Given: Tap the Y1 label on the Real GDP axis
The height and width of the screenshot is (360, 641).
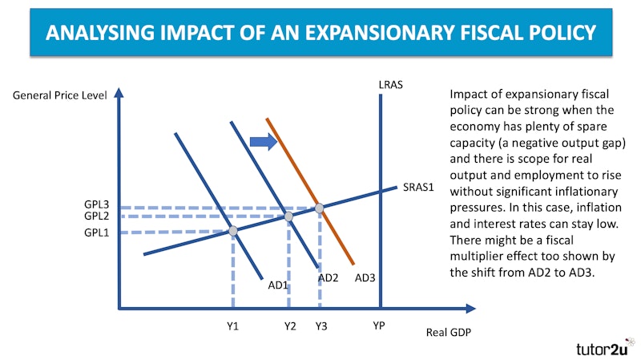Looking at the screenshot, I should point(232,326).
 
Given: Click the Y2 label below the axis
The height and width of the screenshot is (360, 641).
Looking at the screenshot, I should point(289,326).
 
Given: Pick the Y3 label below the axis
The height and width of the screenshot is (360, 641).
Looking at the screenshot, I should point(320,326).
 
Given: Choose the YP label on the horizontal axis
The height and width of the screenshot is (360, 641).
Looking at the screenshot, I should point(380,326).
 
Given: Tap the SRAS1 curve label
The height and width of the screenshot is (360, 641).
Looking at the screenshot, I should point(417,188).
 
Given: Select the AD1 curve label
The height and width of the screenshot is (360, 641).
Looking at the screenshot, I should point(278,285).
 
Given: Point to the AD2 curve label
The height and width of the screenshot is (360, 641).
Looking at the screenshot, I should point(329,277).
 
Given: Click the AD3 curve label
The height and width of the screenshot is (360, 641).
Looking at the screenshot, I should point(365,277).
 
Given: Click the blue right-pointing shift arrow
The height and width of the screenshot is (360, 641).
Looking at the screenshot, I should point(263,142).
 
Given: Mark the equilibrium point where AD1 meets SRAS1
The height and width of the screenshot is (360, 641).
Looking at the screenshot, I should point(233,231).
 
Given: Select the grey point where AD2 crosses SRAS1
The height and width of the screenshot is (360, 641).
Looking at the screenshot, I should point(288,216).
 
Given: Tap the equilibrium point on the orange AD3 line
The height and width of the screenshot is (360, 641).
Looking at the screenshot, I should point(319,208).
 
